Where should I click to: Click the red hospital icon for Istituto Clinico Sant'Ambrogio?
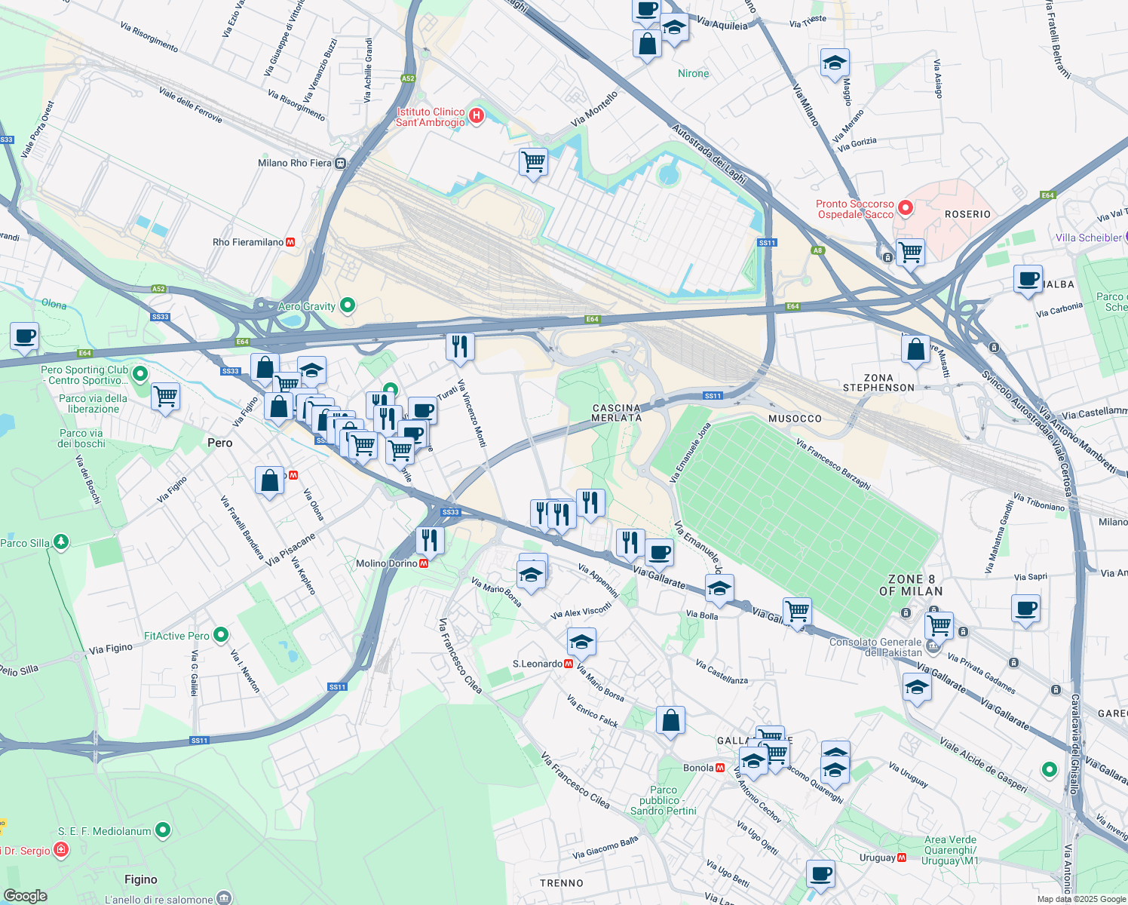[x=476, y=116]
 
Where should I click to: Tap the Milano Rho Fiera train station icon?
[x=341, y=163]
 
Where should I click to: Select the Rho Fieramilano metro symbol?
[x=291, y=242]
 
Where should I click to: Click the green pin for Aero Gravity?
[x=348, y=305]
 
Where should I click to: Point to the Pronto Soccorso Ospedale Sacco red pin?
[x=906, y=207]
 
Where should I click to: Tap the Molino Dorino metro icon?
[x=424, y=563]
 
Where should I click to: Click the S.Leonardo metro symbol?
[x=569, y=664]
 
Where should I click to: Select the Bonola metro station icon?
[x=720, y=768]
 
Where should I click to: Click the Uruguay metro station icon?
[x=902, y=857]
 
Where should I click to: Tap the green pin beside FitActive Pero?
[x=220, y=635]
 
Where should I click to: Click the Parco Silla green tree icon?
[x=61, y=541]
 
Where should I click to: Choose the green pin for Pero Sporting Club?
[x=139, y=373]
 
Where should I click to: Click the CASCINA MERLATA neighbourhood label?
[x=616, y=413]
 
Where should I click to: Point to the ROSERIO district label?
[x=967, y=214]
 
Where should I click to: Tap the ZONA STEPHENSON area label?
[x=878, y=382]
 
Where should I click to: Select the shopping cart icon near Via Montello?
[x=533, y=161]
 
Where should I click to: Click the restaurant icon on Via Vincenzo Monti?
[x=459, y=347]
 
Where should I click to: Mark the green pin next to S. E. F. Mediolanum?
[x=163, y=830]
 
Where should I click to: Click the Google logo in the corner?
[x=25, y=895]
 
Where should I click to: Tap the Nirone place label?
[x=693, y=73]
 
